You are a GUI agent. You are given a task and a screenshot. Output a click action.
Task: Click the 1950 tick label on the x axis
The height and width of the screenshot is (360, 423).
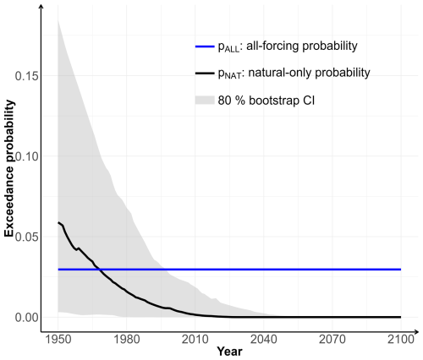[x=58, y=340]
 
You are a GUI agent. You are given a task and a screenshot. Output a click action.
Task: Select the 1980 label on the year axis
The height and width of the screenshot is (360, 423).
[x=127, y=340]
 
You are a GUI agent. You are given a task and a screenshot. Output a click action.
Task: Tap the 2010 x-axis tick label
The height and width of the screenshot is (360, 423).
[x=195, y=340]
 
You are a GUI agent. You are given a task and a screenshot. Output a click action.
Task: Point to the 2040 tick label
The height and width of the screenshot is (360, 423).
[x=264, y=340]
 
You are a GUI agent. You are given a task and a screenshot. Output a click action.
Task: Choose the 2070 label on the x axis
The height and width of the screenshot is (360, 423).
[x=332, y=340]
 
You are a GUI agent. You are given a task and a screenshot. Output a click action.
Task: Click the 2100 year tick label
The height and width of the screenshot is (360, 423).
[x=401, y=340]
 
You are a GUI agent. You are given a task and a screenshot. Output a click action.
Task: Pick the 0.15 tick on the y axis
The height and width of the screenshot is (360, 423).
[x=26, y=76]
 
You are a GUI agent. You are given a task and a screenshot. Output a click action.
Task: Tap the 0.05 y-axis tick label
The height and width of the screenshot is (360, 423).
[x=26, y=237]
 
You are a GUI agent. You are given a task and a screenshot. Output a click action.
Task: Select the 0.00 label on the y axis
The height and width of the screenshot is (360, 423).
[x=26, y=318]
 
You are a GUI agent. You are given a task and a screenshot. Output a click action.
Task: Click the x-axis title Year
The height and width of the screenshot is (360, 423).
[x=229, y=352]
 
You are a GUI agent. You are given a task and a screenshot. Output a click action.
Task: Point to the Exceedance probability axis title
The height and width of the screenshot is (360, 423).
[x=9, y=168]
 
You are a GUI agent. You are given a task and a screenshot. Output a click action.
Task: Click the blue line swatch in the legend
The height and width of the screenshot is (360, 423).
[x=205, y=46]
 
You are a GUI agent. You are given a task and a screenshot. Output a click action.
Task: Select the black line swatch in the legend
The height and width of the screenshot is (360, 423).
[x=205, y=74]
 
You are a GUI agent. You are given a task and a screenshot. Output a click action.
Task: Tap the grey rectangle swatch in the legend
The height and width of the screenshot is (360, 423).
[x=205, y=101]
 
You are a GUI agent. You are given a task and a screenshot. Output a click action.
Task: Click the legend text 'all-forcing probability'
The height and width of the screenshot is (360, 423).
[x=302, y=46]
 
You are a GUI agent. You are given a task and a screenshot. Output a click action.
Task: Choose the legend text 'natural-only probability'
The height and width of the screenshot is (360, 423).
[x=309, y=73]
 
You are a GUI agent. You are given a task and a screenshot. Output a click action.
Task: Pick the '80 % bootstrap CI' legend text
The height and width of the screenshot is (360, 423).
[x=266, y=101]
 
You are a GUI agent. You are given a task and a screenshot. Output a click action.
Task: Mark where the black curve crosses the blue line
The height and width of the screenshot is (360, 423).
[x=100, y=270]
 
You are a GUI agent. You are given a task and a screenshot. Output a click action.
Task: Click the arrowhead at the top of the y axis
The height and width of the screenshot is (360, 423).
[x=41, y=7]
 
